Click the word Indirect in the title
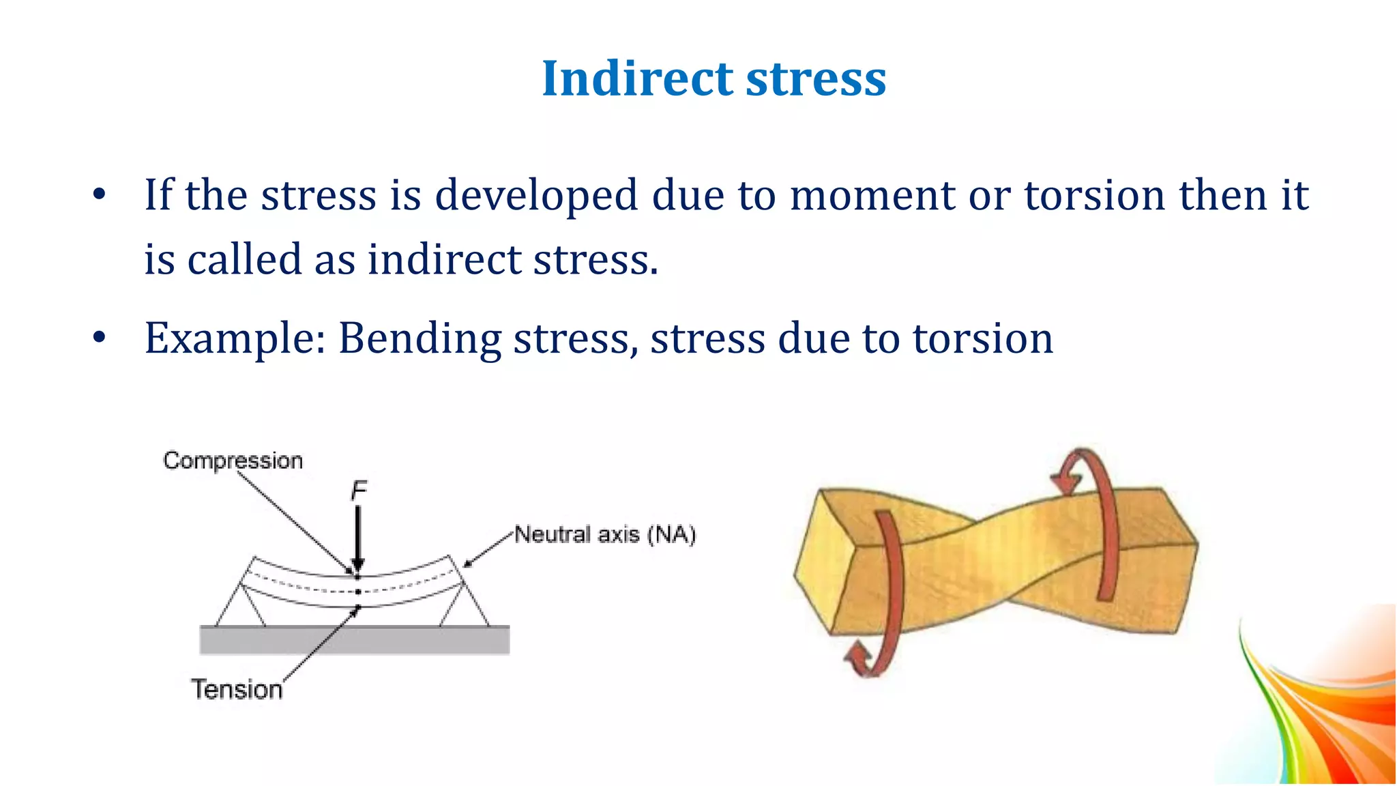[x=637, y=78]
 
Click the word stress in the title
[x=816, y=78]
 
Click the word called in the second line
[x=244, y=260]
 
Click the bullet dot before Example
[x=100, y=338]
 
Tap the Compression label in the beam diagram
[x=233, y=461]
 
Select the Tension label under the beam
[x=236, y=690]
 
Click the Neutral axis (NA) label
[x=604, y=534]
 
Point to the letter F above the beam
[x=359, y=491]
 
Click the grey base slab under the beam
[x=354, y=641]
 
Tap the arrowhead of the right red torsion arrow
[x=1066, y=482]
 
